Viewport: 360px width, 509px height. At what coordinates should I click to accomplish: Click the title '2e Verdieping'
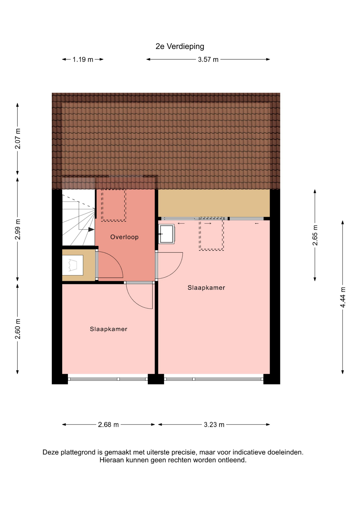coord(180,46)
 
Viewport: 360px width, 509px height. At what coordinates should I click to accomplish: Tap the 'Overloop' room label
coord(124,237)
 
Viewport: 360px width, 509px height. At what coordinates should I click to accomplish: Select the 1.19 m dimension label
coord(83,59)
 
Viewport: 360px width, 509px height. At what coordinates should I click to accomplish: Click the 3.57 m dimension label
coord(208,59)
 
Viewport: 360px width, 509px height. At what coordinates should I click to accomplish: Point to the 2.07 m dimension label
coord(17,139)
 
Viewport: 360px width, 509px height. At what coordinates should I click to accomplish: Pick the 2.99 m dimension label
coord(17,229)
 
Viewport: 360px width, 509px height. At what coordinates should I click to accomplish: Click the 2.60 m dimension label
coord(17,329)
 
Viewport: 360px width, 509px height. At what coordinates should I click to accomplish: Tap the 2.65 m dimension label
coord(315,235)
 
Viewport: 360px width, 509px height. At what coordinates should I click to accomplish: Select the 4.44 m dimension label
coord(343,297)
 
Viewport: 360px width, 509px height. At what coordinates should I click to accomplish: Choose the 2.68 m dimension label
coord(108,424)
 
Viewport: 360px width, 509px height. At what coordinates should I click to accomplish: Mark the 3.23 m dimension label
coord(214,424)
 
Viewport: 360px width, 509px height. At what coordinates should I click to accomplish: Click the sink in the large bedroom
coord(166,234)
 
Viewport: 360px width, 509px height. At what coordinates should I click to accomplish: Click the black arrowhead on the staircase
coord(91,229)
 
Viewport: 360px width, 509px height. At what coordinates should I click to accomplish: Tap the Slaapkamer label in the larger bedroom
coord(206,288)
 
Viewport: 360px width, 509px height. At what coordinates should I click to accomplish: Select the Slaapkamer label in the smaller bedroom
coord(108,329)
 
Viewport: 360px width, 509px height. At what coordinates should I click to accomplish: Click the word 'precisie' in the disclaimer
coord(183,452)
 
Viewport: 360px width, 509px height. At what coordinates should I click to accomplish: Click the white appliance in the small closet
coord(73,265)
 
